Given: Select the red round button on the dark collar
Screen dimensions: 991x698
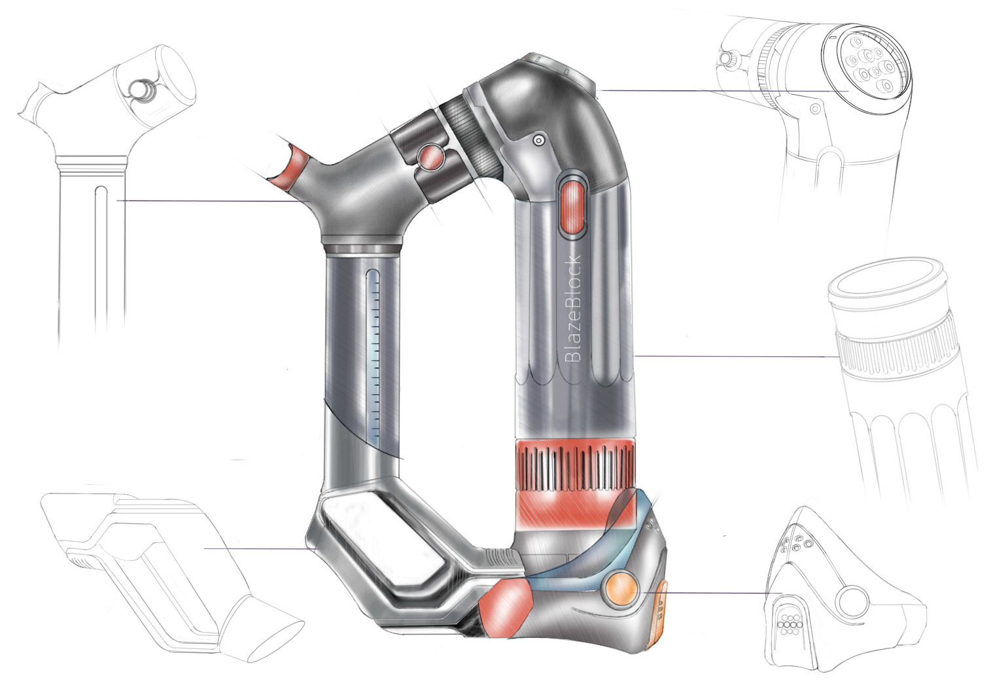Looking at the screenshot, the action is click(x=430, y=157).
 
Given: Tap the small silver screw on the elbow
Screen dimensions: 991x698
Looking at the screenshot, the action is click(x=538, y=141).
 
